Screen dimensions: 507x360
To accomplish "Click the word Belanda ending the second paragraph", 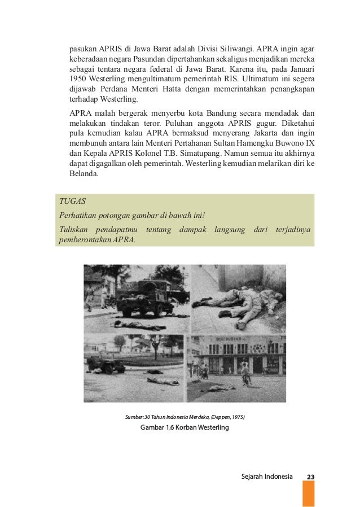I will click(84, 174).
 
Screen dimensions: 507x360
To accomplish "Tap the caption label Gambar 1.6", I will click(159, 427).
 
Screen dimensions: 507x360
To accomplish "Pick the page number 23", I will click(310, 477).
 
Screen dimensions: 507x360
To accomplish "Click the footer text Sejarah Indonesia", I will click(266, 477).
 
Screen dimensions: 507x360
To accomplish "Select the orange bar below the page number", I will click(308, 494).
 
